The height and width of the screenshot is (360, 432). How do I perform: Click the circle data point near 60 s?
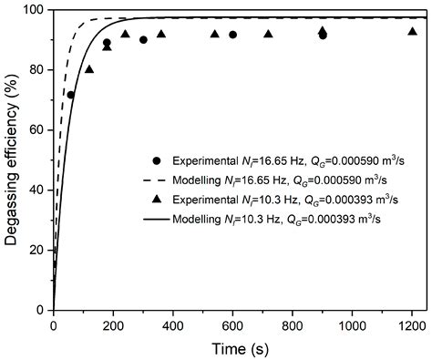71,95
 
